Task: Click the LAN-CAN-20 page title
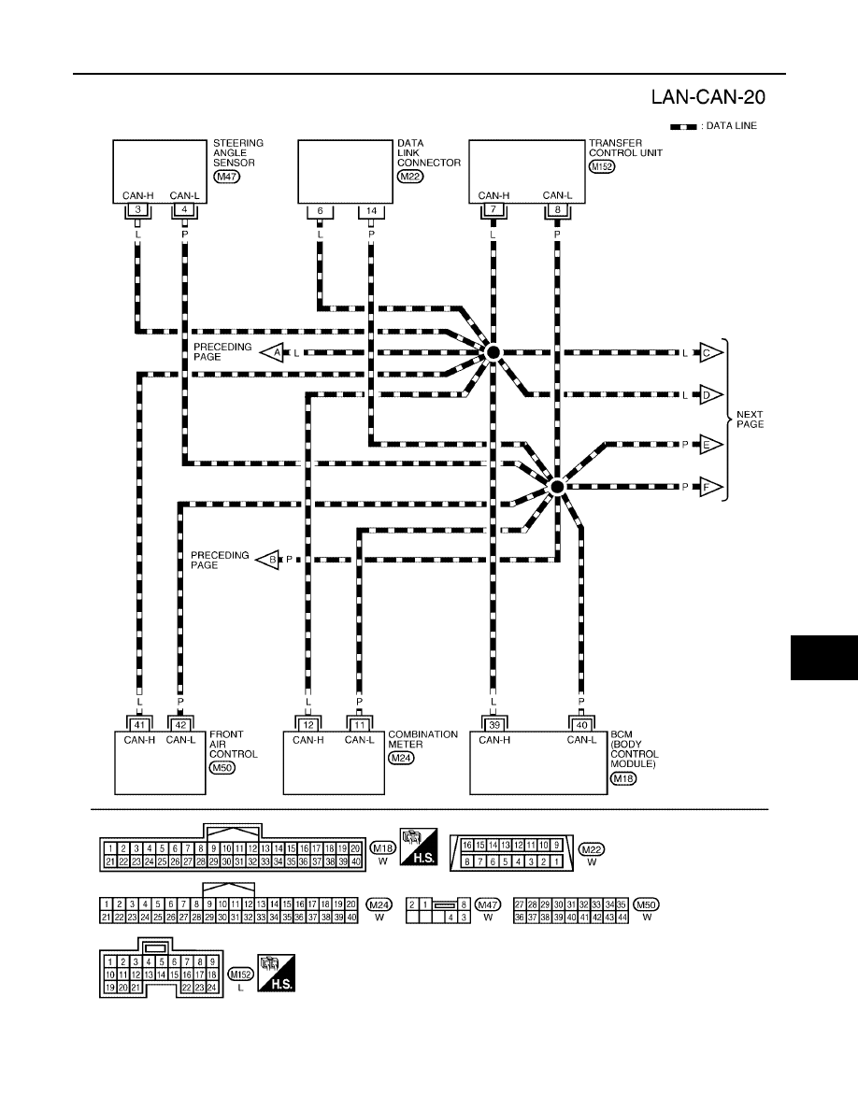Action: click(x=708, y=97)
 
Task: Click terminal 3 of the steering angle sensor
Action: click(x=138, y=209)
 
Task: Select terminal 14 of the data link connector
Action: click(x=371, y=211)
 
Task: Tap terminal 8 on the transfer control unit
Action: click(x=557, y=209)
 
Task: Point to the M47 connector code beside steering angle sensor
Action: click(x=226, y=177)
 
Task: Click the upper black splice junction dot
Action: click(x=493, y=352)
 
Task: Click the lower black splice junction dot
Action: click(x=556, y=487)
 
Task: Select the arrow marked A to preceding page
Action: click(x=272, y=352)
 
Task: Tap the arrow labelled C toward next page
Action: click(x=711, y=352)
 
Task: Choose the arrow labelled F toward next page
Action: click(x=711, y=487)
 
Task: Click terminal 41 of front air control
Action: click(x=139, y=725)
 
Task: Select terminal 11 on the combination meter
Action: click(x=360, y=725)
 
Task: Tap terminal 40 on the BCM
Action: click(x=581, y=725)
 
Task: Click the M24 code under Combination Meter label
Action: click(x=401, y=758)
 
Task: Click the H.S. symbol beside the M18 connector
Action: click(x=419, y=847)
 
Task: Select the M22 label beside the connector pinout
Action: click(x=592, y=848)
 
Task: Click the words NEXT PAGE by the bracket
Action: click(x=750, y=420)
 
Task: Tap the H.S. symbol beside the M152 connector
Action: click(x=276, y=973)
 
